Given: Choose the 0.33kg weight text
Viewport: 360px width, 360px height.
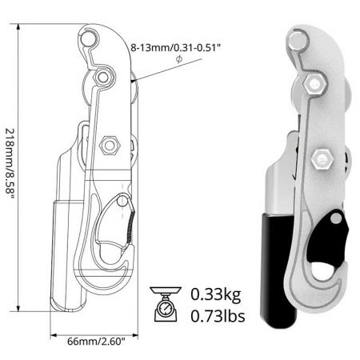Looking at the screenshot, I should coord(215,294).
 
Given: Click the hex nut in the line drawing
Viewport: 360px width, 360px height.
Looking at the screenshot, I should coord(110,146).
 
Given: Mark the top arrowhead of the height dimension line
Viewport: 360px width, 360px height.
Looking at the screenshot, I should coord(17,26).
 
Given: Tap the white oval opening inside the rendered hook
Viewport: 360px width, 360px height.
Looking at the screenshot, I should coord(320,271).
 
